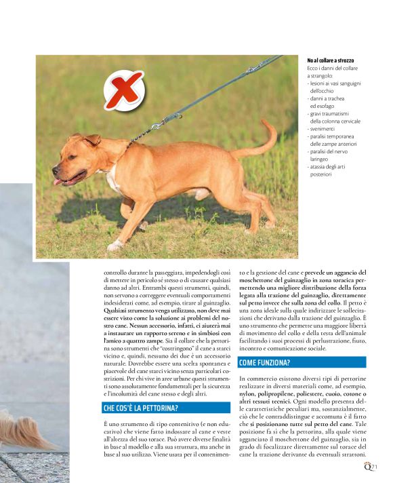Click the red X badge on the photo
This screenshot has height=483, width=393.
(x=124, y=90)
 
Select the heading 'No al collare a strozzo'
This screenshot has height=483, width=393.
(x=331, y=60)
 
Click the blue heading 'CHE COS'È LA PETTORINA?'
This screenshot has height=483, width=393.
(x=140, y=408)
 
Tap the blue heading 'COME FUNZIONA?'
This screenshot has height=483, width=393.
(x=265, y=362)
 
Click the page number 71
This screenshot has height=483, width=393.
(x=374, y=466)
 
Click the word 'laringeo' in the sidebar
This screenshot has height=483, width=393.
(x=322, y=159)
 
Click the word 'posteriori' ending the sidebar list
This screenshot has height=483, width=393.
(x=321, y=174)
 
